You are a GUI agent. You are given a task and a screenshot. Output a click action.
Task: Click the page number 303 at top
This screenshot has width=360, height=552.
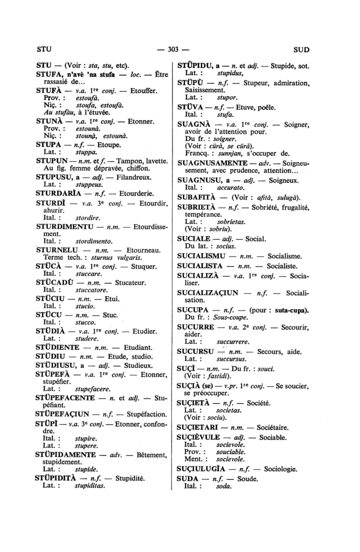pyautogui.click(x=173, y=49)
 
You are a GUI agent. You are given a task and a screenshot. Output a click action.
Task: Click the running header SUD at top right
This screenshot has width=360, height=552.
pyautogui.click(x=301, y=50)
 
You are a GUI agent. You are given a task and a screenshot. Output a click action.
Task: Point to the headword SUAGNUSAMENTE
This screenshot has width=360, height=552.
pyautogui.click(x=212, y=163)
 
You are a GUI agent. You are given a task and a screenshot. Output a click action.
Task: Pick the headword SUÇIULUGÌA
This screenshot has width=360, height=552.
pyautogui.click(x=202, y=469)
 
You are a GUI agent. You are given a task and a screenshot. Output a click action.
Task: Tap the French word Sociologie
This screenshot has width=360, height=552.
pyautogui.click(x=281, y=469)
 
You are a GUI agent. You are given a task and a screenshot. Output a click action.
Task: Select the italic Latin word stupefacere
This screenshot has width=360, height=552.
pyautogui.click(x=93, y=389)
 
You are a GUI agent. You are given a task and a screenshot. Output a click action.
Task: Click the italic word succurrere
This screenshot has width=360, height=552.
pyautogui.click(x=233, y=341)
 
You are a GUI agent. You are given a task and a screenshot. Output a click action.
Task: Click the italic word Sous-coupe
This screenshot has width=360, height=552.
pyautogui.click(x=231, y=317)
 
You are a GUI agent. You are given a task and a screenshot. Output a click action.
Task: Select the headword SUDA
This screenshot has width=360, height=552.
pyautogui.click(x=188, y=479)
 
